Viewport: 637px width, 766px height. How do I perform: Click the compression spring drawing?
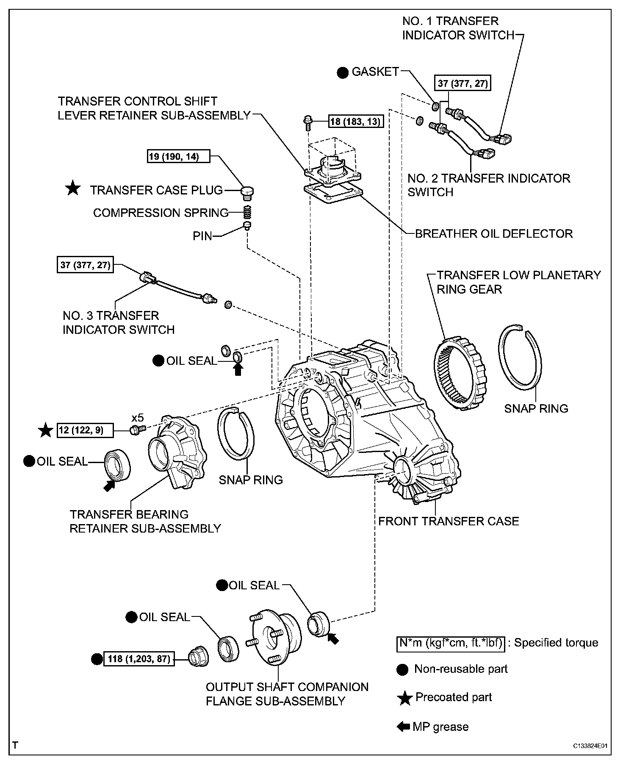point(248,211)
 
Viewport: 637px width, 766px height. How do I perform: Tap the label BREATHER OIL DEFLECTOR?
point(493,233)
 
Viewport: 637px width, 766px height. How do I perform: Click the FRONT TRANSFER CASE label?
point(449,521)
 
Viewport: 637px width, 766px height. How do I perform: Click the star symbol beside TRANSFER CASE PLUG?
point(73,189)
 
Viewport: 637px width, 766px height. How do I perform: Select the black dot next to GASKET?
point(343,72)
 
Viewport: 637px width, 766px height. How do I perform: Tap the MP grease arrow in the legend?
point(403,727)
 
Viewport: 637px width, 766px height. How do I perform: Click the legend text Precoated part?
point(453,697)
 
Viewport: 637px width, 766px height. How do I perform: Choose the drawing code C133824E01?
point(592,746)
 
